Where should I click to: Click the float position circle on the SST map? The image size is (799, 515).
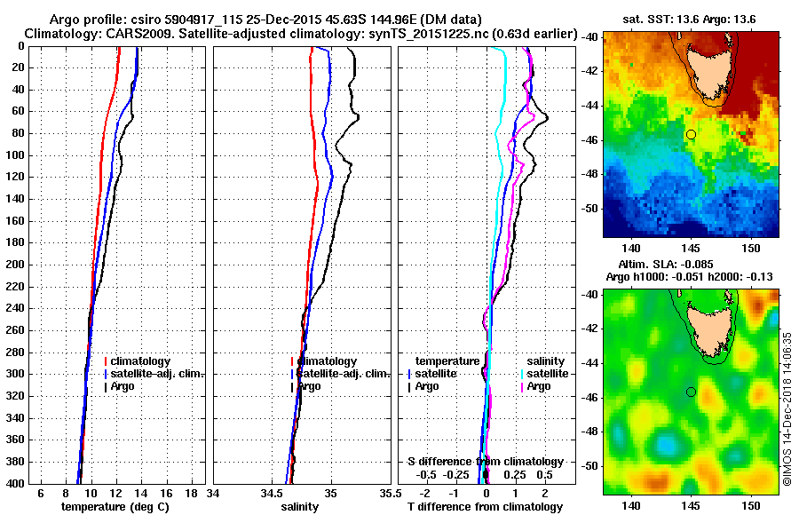click(x=691, y=134)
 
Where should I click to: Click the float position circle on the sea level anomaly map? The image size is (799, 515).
click(x=691, y=392)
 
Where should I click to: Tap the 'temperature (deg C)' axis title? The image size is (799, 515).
click(x=115, y=506)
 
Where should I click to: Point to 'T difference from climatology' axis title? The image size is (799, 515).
click(x=485, y=506)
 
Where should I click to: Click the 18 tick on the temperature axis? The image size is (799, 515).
click(x=191, y=493)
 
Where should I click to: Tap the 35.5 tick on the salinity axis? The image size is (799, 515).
click(x=386, y=493)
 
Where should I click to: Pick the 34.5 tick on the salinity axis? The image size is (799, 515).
click(x=271, y=493)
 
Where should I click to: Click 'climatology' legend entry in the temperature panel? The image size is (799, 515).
click(x=140, y=361)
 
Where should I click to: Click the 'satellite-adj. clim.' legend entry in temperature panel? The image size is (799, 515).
click(x=157, y=374)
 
